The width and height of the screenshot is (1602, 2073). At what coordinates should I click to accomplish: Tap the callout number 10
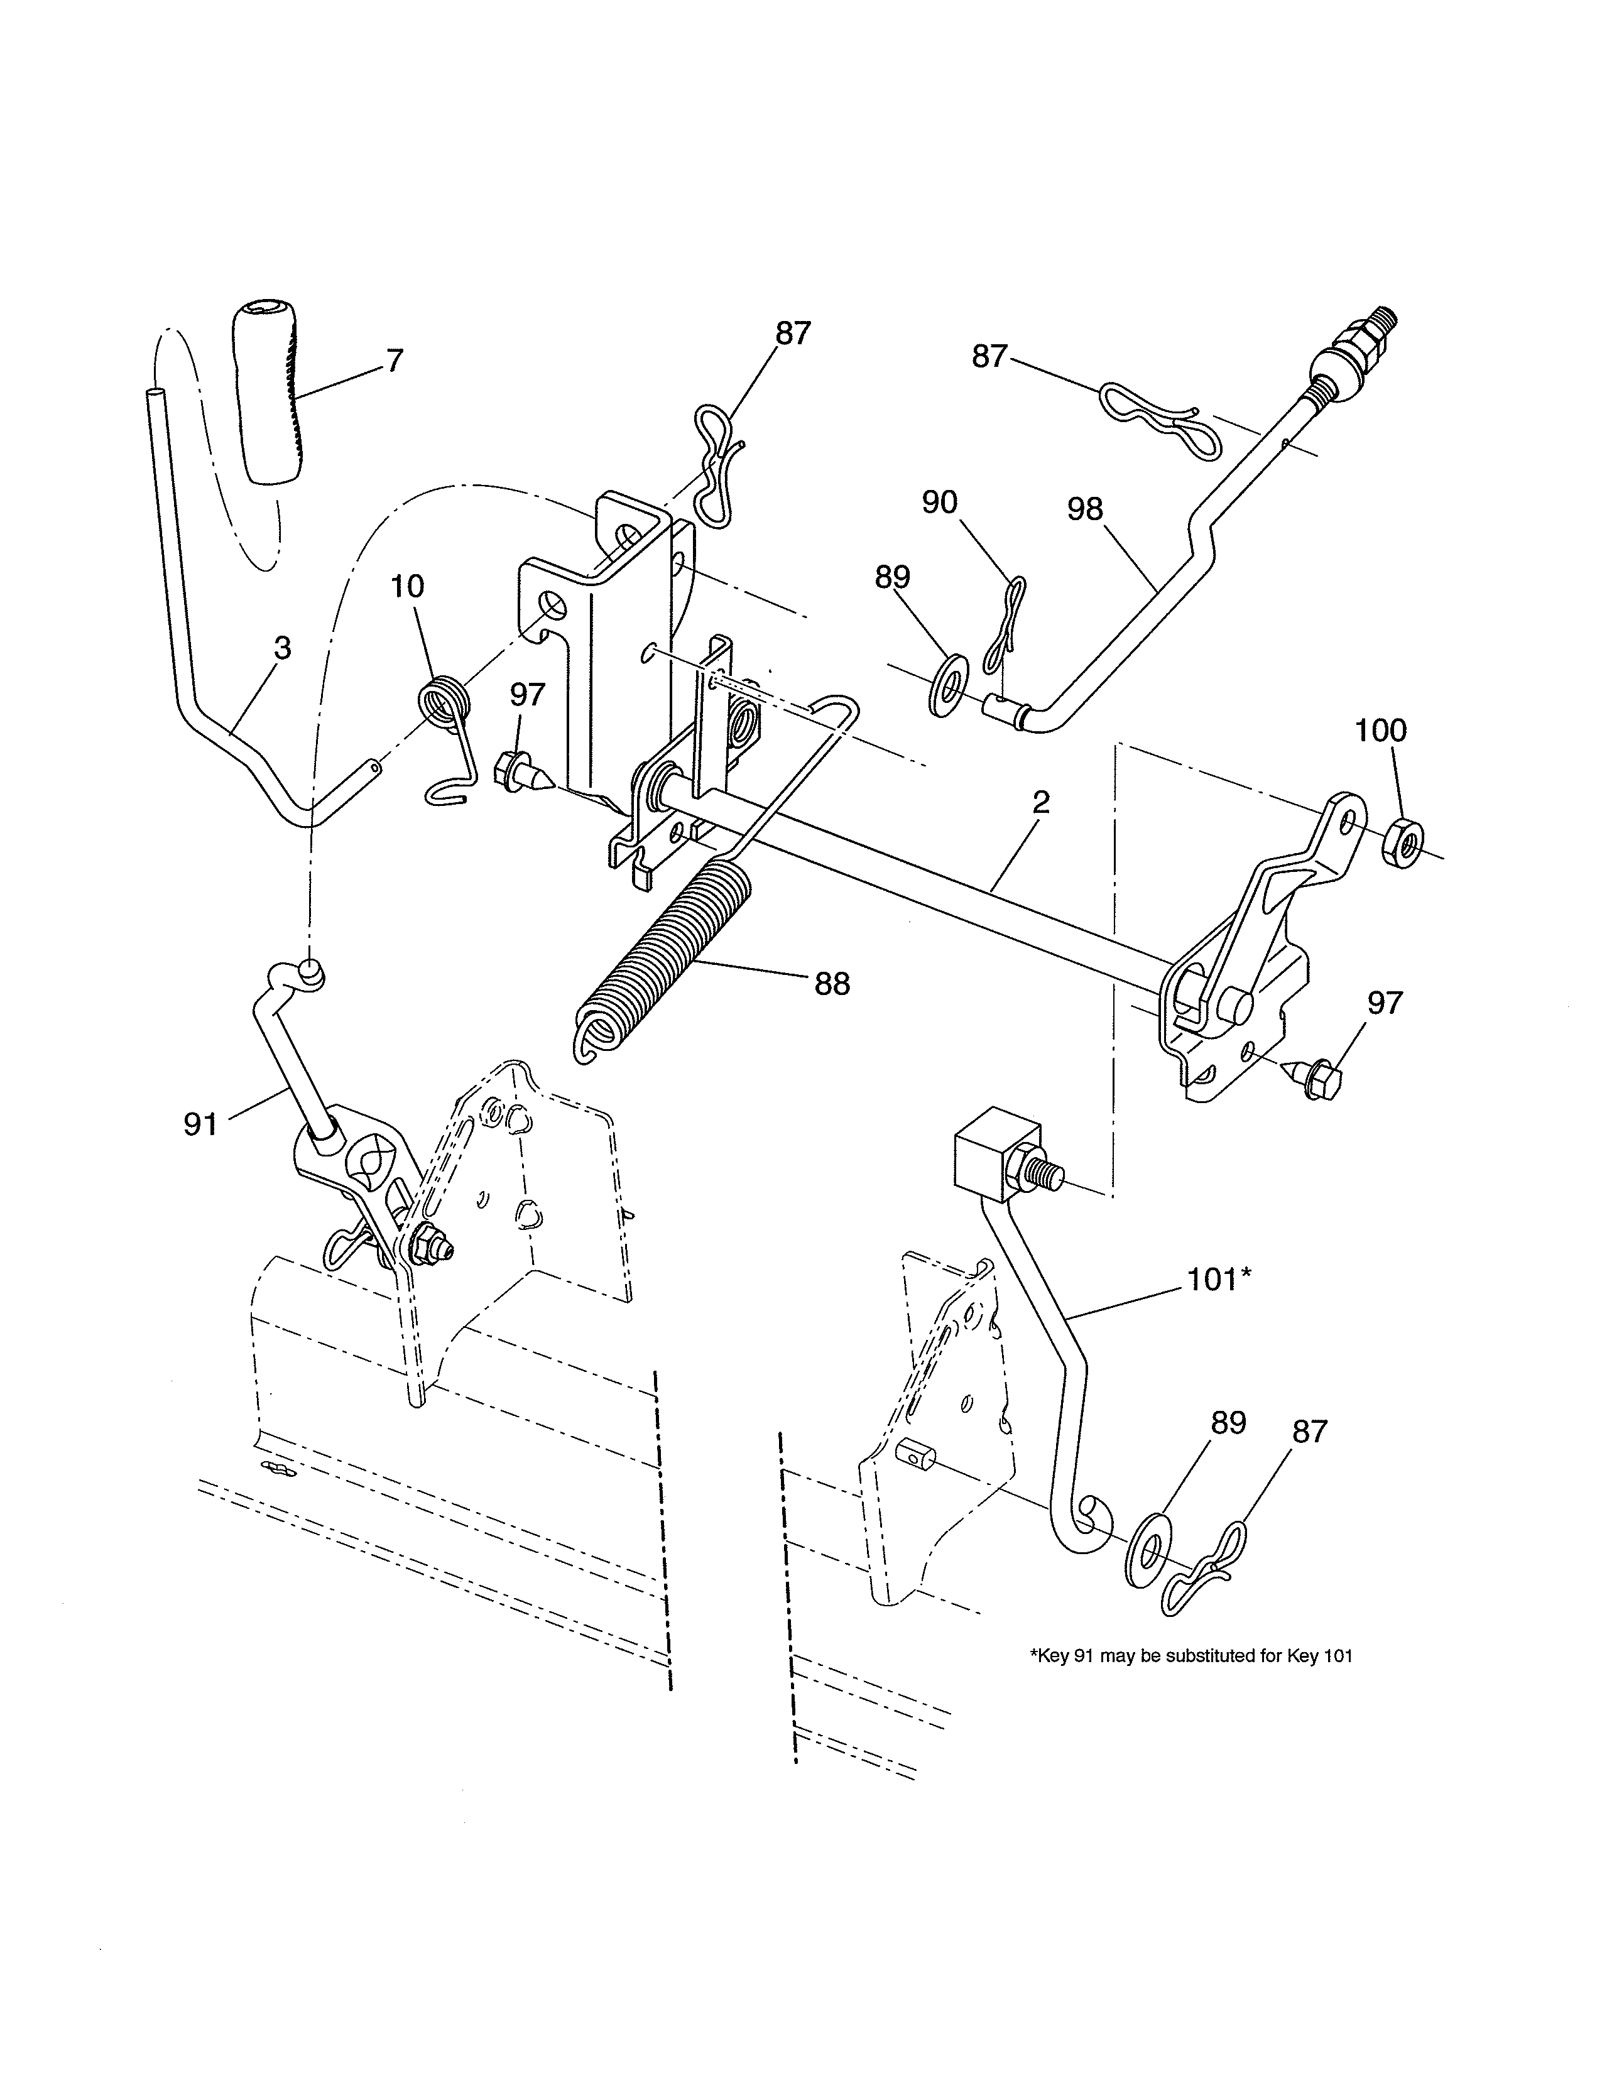point(407,587)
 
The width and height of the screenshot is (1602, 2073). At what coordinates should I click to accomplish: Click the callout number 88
point(831,984)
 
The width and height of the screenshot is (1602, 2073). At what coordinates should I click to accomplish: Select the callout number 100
point(1380,730)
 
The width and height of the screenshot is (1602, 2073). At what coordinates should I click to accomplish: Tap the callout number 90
point(940,503)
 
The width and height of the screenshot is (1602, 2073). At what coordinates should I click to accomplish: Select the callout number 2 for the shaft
point(1041,803)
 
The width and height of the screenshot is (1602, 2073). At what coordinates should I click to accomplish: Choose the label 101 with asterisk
point(1219,1280)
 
